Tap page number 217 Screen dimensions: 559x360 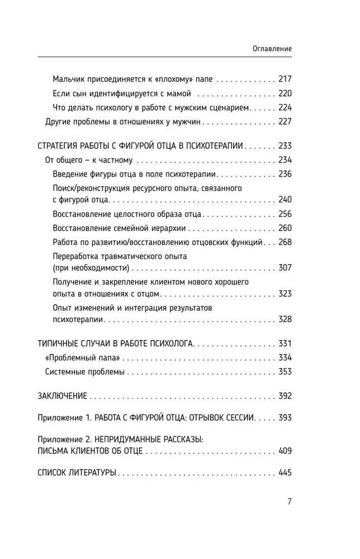285,79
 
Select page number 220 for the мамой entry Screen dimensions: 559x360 285,93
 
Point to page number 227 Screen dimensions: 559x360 285,121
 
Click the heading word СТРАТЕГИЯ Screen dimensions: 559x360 60,146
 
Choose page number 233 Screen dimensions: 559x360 285,146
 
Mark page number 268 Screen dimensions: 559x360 285,242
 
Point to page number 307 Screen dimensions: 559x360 285,267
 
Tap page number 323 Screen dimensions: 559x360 285,293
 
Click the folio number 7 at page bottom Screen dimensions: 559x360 289,501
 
